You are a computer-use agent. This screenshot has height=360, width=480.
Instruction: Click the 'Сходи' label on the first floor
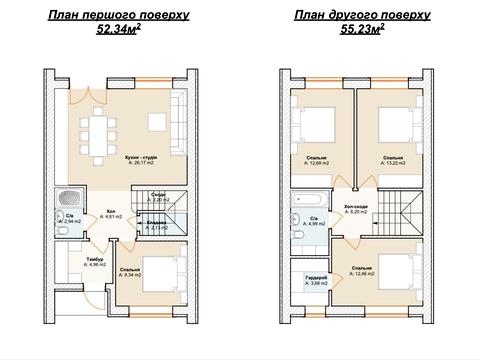click(x=159, y=194)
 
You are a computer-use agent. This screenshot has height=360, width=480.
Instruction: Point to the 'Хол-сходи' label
click(x=355, y=207)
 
